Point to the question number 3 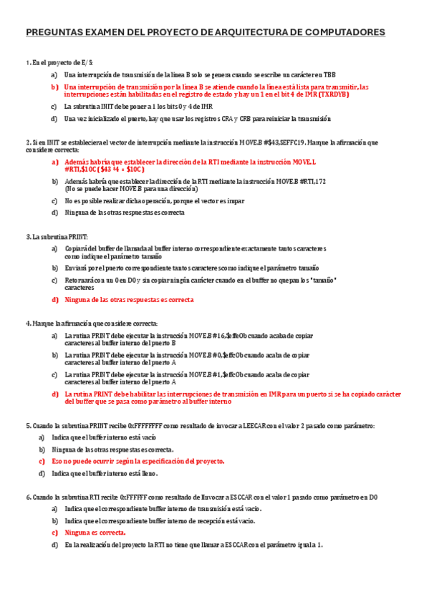26,236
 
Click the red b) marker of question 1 54,87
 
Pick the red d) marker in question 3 54,299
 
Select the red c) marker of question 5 42,461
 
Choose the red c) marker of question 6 54,533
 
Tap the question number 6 26,496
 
